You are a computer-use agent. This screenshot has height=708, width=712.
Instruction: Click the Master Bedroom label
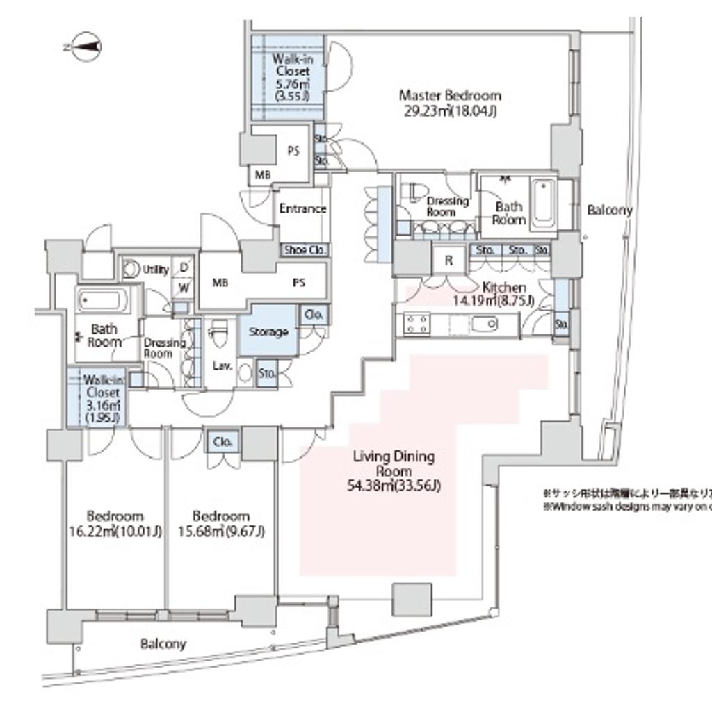click(x=449, y=96)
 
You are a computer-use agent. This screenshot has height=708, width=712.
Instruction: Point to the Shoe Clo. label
click(x=304, y=250)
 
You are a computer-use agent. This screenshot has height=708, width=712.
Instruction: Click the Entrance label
click(x=302, y=209)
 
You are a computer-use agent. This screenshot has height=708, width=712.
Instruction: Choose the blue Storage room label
click(x=268, y=332)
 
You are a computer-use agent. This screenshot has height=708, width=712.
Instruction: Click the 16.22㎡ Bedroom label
click(x=115, y=525)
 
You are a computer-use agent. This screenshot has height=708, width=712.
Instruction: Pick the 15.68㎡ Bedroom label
click(x=221, y=525)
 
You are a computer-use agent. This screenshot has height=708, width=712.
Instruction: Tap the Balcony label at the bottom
click(x=163, y=644)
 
